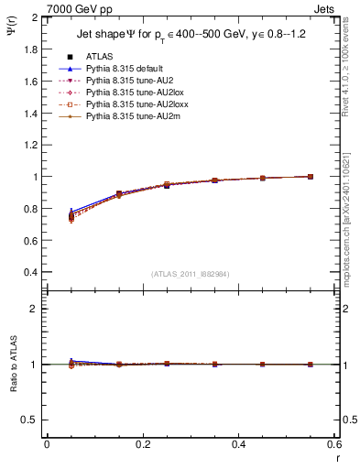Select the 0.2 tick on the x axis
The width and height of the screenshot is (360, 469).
tap(142, 444)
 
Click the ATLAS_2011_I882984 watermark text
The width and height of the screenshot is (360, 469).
tap(191, 274)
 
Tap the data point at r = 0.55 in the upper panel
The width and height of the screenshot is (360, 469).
tap(311, 177)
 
